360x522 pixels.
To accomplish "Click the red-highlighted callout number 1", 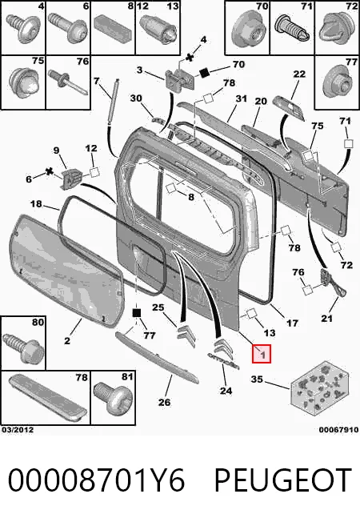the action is click(x=262, y=354).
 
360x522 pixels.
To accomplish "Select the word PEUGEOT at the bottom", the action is click(x=283, y=480).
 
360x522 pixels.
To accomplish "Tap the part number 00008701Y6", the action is click(x=96, y=480).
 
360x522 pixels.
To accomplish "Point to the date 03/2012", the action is click(x=18, y=429).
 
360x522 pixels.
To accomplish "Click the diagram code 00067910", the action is click(x=338, y=430).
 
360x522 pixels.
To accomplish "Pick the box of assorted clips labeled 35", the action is click(x=320, y=388).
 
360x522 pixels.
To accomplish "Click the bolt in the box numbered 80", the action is click(x=23, y=348).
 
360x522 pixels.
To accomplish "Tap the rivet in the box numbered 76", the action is click(x=67, y=82).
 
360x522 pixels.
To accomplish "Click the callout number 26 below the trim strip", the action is click(x=164, y=402).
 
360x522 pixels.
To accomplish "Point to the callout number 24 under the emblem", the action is click(x=226, y=391).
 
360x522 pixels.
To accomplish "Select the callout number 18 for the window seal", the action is click(x=36, y=203).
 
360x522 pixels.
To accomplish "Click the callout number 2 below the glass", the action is click(x=67, y=341).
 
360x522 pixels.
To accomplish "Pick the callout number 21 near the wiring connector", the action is click(x=326, y=319).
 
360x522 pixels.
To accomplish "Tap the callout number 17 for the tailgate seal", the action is click(x=292, y=323).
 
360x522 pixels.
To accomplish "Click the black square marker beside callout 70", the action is click(x=204, y=73).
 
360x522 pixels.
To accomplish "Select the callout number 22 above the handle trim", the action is click(x=299, y=74).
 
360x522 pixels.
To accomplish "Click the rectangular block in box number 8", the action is click(x=113, y=30).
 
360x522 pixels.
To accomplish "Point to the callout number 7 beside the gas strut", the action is click(x=97, y=81).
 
